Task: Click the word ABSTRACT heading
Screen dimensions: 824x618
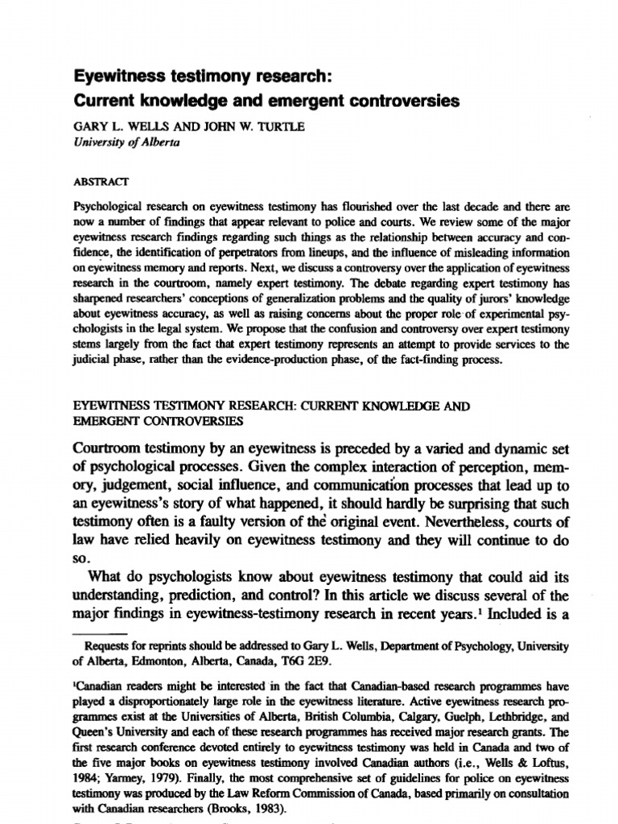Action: (x=95, y=183)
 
